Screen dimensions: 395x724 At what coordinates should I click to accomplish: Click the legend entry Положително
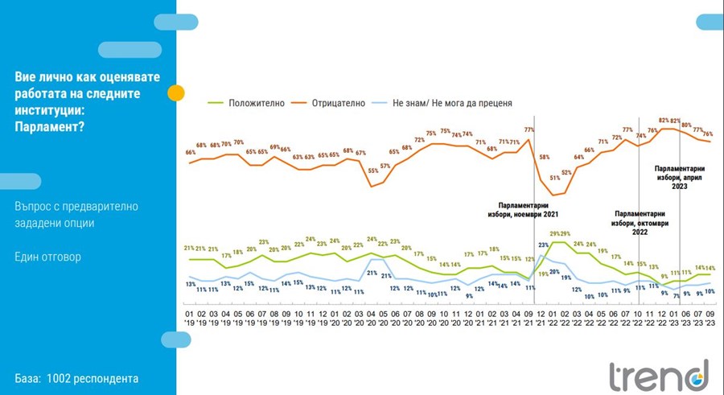[x=253, y=103]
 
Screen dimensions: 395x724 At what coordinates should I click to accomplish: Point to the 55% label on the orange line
[x=372, y=171]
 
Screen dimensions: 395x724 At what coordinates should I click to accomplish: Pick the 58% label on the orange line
[x=544, y=157]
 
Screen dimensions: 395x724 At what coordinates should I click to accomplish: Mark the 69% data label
[x=274, y=147]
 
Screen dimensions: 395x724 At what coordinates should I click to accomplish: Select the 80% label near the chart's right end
[x=686, y=125]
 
